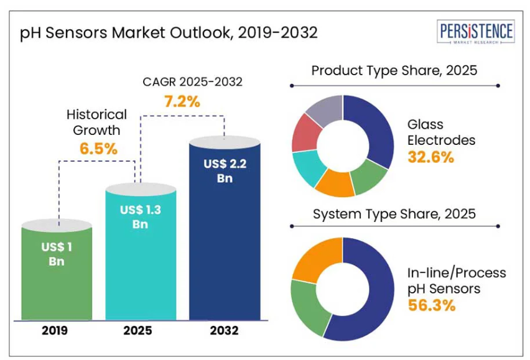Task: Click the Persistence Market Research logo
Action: (477, 34)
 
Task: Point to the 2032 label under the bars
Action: (224, 331)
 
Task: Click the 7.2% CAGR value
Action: (182, 101)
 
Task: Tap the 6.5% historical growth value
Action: (98, 149)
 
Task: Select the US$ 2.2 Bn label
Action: (224, 171)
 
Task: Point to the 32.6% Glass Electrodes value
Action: (430, 157)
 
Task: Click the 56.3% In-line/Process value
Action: (432, 305)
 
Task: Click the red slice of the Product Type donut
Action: (305, 131)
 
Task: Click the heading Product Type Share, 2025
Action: (394, 70)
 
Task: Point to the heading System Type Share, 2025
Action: (394, 215)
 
